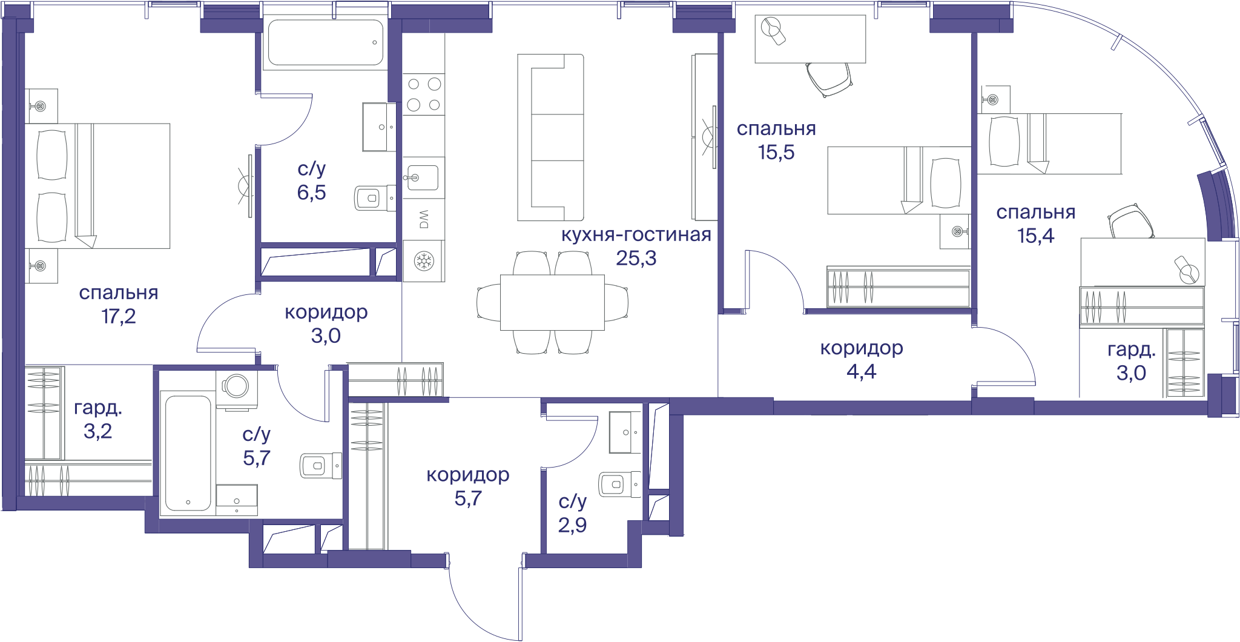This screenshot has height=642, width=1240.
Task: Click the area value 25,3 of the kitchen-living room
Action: pyautogui.click(x=636, y=259)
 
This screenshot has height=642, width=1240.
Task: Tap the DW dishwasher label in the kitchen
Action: pyautogui.click(x=424, y=219)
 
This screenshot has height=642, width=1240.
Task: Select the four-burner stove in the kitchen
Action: pyautogui.click(x=424, y=94)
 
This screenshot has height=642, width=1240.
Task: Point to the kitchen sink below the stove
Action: pyautogui.click(x=423, y=177)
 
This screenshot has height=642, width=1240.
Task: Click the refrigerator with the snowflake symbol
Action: pyautogui.click(x=424, y=261)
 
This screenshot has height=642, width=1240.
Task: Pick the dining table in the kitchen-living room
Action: pyautogui.click(x=552, y=302)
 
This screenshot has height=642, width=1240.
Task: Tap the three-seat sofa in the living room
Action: pyautogui.click(x=550, y=137)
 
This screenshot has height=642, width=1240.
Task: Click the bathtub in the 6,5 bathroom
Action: pyautogui.click(x=326, y=42)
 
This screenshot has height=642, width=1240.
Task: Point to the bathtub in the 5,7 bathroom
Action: pyautogui.click(x=188, y=453)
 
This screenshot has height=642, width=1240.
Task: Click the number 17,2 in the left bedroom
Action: pyautogui.click(x=119, y=316)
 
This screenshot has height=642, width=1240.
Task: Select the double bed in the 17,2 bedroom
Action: pyautogui.click(x=97, y=186)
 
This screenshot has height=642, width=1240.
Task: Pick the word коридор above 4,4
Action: pyautogui.click(x=862, y=348)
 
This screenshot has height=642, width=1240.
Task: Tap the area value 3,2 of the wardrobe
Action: pyautogui.click(x=97, y=431)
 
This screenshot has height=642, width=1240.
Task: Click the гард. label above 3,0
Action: pyautogui.click(x=1131, y=349)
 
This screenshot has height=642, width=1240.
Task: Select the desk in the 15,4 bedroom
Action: pyautogui.click(x=1143, y=262)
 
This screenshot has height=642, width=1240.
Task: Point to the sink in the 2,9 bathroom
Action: pyautogui.click(x=625, y=432)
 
